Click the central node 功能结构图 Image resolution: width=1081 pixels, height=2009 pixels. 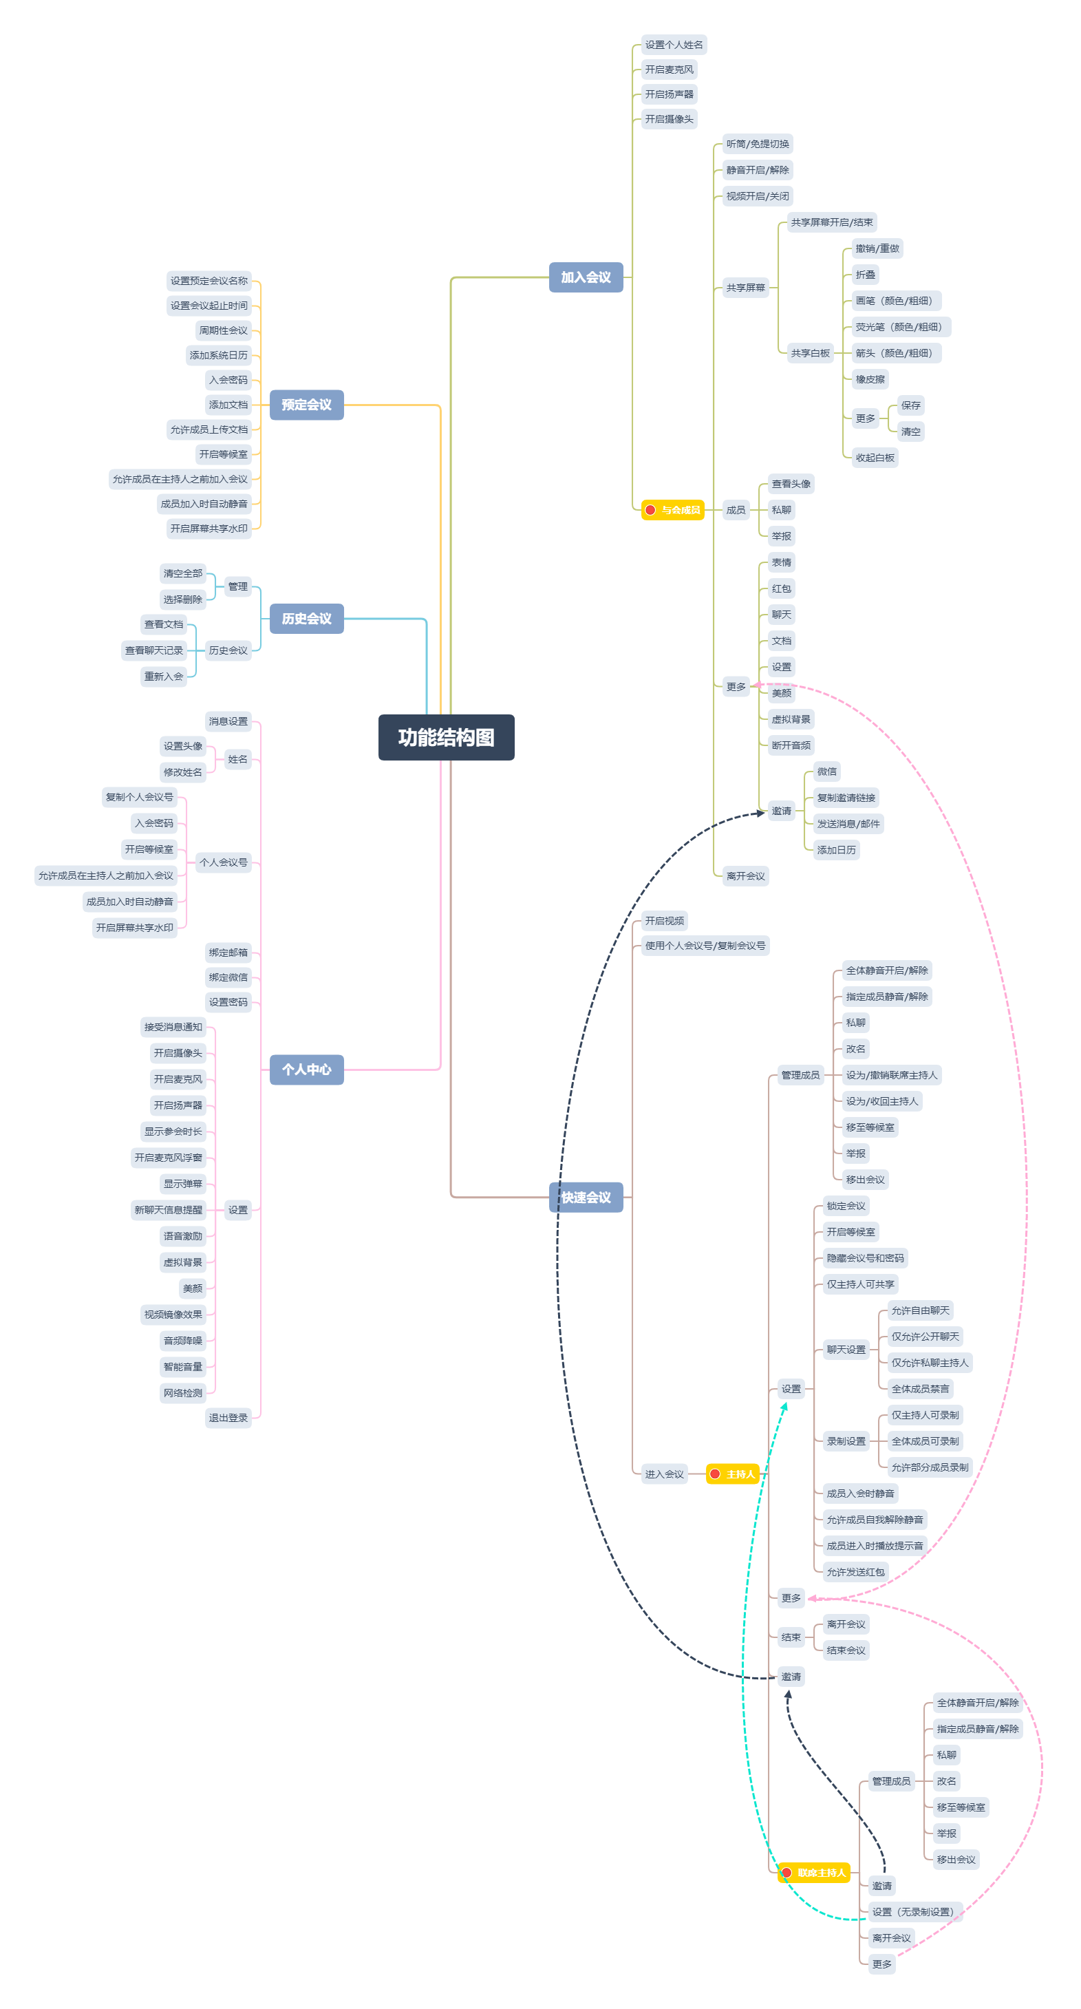click(x=446, y=737)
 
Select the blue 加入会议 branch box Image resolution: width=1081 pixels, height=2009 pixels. click(x=586, y=277)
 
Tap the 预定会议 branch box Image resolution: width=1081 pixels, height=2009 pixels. click(x=306, y=405)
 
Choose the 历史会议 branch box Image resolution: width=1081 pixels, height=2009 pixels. click(x=306, y=619)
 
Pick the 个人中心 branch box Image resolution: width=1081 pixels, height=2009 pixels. click(x=306, y=1070)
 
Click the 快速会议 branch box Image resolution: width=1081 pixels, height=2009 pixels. click(x=586, y=1197)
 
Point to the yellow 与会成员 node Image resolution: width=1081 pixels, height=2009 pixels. click(x=672, y=510)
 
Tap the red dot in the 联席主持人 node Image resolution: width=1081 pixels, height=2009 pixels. click(x=787, y=1873)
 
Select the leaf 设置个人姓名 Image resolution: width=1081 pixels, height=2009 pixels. click(x=674, y=45)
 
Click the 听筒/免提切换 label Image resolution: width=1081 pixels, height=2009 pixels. click(x=758, y=143)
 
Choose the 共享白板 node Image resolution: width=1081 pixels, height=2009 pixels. click(x=811, y=353)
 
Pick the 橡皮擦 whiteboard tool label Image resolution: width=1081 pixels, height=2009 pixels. click(x=870, y=379)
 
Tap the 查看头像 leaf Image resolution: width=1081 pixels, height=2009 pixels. click(x=791, y=484)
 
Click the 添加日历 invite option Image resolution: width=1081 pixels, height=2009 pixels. click(x=836, y=850)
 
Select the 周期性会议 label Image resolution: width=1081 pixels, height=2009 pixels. click(x=223, y=330)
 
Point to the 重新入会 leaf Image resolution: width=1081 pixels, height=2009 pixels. click(x=164, y=676)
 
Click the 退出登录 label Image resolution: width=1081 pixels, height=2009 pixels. click(x=228, y=1418)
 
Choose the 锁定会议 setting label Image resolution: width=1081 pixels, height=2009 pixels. click(x=846, y=1206)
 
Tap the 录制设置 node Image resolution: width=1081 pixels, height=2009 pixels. click(x=846, y=1441)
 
